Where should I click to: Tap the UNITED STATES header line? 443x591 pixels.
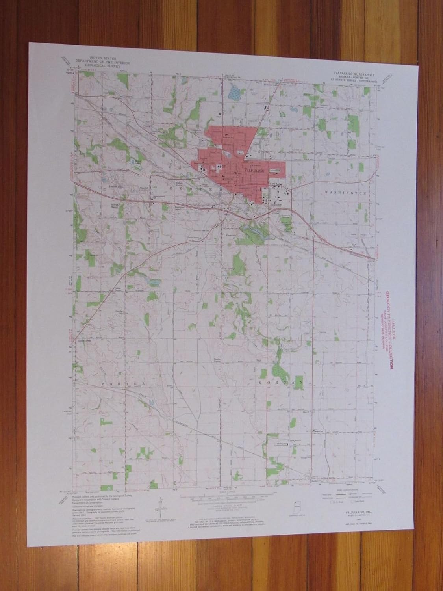102,58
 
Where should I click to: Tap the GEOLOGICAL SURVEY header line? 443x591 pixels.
102,64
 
